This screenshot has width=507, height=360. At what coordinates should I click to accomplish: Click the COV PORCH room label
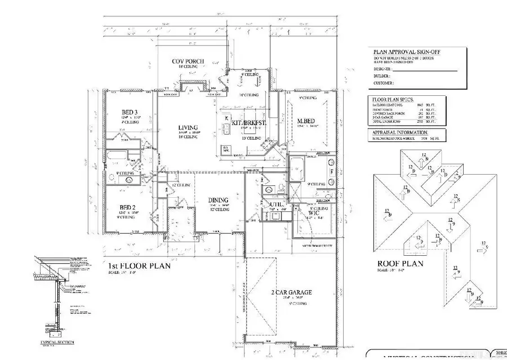tap(188, 61)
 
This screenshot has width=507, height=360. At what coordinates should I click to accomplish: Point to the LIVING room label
tap(188, 128)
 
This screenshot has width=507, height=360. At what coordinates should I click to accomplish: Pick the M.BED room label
tap(306, 121)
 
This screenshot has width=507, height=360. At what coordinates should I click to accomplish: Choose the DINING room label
tap(218, 200)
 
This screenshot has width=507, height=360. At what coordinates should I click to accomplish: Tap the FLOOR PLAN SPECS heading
tap(387, 99)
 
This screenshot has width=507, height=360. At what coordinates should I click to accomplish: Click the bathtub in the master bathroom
tap(297, 169)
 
